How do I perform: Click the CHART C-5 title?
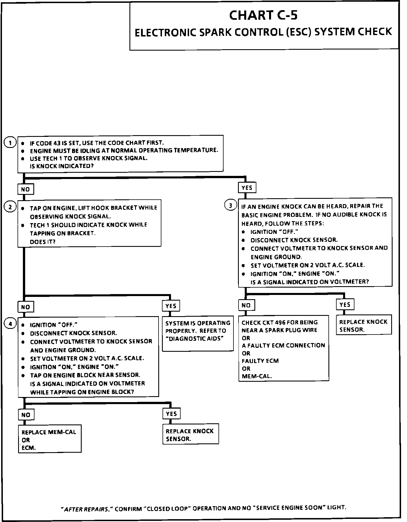(x=263, y=15)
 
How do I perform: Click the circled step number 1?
(x=10, y=143)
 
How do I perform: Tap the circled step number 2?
(x=10, y=207)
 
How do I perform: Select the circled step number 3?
(x=230, y=205)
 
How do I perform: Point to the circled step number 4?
(x=10, y=324)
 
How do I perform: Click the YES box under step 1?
(x=247, y=187)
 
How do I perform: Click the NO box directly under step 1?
(x=25, y=189)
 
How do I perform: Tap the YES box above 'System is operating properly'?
(x=171, y=306)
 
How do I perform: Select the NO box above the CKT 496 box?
(x=246, y=305)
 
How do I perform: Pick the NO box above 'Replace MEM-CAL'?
(x=26, y=415)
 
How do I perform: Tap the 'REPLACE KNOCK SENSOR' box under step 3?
(x=363, y=325)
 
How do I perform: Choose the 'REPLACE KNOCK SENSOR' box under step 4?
(x=190, y=435)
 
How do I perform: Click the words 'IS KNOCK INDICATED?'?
(x=62, y=166)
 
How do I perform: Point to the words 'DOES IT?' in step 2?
(x=43, y=242)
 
